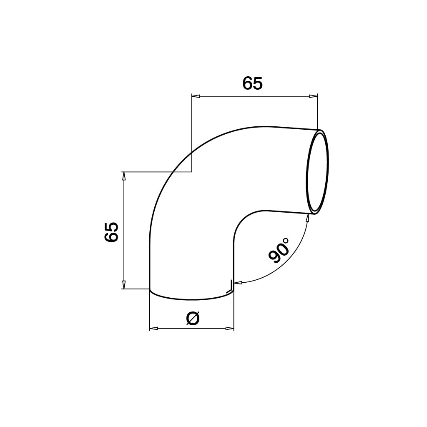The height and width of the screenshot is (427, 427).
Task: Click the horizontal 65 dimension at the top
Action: (x=253, y=84)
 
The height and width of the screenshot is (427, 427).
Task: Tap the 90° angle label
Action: (x=279, y=250)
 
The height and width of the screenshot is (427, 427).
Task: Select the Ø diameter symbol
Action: (x=192, y=319)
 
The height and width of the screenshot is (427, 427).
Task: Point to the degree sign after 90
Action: (x=286, y=241)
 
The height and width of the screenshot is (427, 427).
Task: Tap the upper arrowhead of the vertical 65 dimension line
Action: (x=123, y=176)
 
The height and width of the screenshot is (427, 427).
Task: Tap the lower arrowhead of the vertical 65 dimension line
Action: (x=123, y=284)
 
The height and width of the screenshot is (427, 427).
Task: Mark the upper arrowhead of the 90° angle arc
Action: (x=308, y=218)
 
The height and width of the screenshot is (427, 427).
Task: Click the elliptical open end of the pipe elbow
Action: (x=318, y=172)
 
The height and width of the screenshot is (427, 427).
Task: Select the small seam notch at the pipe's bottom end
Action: (x=229, y=286)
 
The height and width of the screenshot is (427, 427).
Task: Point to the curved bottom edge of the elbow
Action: (x=192, y=299)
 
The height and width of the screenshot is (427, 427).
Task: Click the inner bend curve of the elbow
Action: (x=242, y=221)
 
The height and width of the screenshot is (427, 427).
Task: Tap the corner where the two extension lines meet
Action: (x=191, y=171)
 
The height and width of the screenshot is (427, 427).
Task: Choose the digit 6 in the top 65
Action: (x=248, y=84)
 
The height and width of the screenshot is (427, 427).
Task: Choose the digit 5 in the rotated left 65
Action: (x=112, y=227)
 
